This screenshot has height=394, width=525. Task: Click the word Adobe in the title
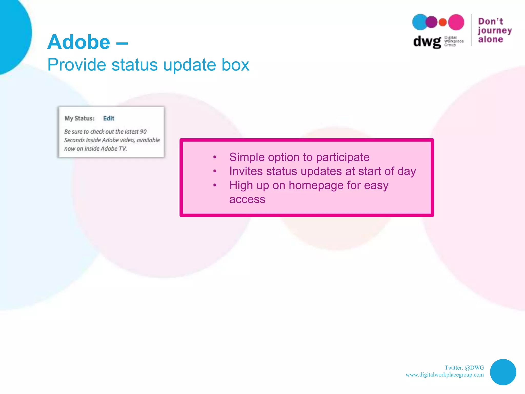pos(79,42)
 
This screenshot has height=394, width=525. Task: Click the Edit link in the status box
pos(108,118)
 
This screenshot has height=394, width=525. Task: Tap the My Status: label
pos(79,118)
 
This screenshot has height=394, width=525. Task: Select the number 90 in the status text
pos(143,132)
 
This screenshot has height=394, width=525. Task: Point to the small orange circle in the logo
pos(443,22)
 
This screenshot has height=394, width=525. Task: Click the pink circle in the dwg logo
pos(456,22)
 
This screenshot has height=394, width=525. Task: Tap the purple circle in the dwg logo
pos(431,22)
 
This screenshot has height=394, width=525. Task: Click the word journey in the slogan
pos(494,31)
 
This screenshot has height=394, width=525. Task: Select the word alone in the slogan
pos(490,39)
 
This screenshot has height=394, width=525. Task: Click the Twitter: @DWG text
pos(464,368)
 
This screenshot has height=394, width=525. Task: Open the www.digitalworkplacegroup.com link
pos(445,375)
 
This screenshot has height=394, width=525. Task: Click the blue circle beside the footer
pos(503,372)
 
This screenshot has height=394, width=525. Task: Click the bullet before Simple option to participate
pos(215,157)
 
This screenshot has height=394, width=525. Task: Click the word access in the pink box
pos(247,199)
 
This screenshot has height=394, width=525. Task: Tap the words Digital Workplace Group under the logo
pos(453,41)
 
